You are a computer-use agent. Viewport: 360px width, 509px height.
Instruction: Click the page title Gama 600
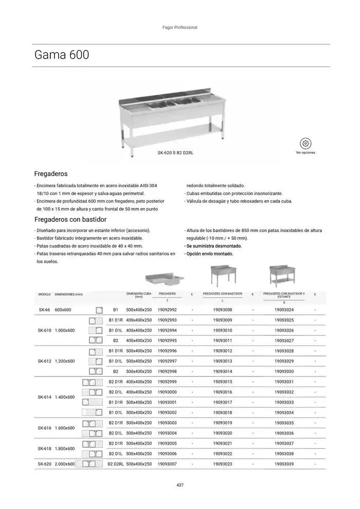(x=62, y=55)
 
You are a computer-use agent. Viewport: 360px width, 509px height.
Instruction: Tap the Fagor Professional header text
(x=180, y=28)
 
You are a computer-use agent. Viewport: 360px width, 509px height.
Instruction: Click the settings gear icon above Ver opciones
(x=305, y=143)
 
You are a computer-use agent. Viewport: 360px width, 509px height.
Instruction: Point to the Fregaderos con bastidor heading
(x=70, y=220)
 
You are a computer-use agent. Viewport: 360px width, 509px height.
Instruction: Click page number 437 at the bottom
(x=180, y=485)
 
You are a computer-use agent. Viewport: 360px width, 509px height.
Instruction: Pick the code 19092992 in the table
(x=167, y=310)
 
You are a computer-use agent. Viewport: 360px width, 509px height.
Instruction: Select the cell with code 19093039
(x=284, y=464)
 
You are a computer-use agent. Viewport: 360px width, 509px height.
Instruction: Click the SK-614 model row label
(x=44, y=397)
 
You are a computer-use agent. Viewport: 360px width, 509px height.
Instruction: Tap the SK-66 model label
(x=44, y=310)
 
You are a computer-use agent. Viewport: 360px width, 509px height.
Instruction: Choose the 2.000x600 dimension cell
(x=65, y=464)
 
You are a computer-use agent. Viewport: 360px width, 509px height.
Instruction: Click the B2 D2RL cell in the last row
(x=116, y=464)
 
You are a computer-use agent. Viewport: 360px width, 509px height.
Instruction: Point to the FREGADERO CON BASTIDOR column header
(x=222, y=294)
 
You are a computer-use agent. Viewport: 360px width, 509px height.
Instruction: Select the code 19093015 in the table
(x=222, y=382)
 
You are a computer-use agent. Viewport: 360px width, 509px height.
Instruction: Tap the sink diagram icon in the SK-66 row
(x=99, y=310)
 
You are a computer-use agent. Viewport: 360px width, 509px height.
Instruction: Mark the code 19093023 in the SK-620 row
(x=222, y=464)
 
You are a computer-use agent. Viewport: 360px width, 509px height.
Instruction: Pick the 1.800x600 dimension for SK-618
(x=65, y=449)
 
